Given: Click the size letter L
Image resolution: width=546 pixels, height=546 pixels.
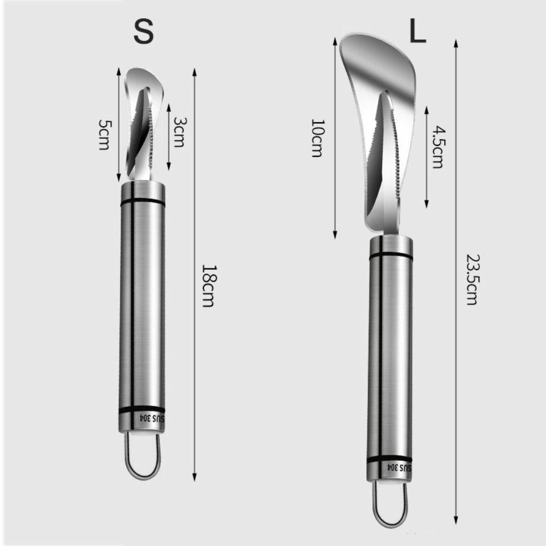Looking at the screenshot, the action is (x=418, y=30).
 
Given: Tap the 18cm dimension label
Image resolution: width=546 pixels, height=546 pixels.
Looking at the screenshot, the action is (x=209, y=286).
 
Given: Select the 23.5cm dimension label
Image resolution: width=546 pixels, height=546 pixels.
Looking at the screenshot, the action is (x=472, y=280).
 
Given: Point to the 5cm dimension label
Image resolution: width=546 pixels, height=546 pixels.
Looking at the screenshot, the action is (x=104, y=135).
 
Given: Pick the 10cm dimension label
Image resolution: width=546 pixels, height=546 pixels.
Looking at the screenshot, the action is (x=317, y=138).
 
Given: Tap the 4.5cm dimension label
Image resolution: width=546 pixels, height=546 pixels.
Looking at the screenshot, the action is (x=438, y=147).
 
